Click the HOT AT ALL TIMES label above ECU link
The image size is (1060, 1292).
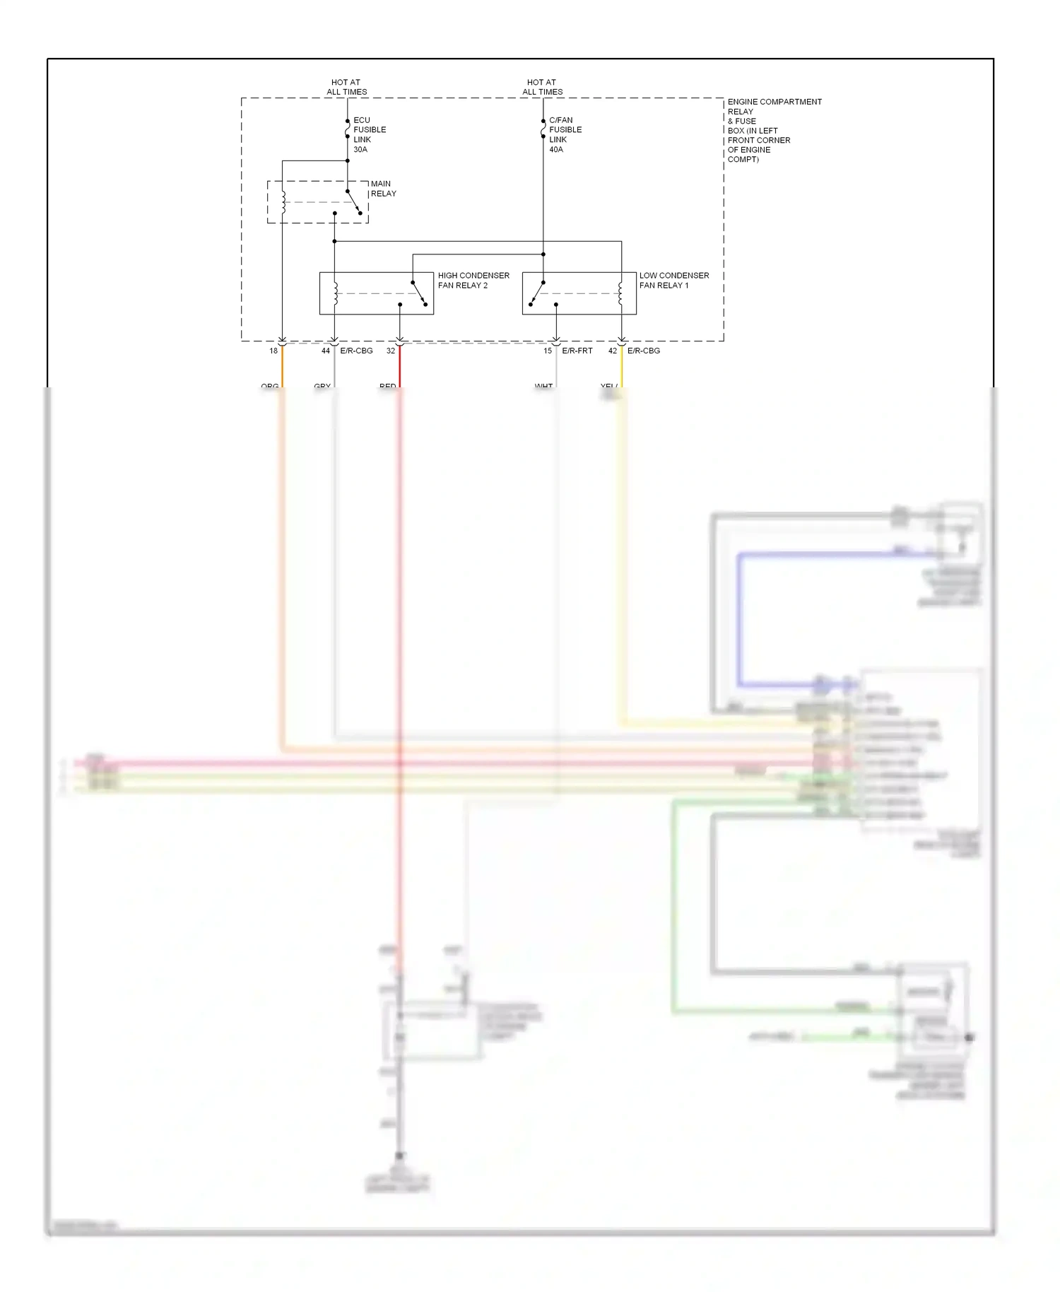346,87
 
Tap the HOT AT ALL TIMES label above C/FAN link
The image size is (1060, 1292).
542,87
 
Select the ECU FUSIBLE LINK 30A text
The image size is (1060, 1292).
369,135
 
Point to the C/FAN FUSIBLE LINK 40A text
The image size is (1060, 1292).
565,135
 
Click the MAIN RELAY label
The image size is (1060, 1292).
383,189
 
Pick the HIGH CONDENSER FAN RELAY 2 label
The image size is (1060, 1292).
473,281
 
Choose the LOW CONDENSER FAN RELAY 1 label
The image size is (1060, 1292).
673,281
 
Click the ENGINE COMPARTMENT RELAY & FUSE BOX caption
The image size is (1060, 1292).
774,131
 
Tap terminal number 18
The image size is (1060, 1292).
273,351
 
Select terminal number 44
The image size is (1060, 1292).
326,351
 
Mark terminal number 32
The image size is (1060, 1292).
391,351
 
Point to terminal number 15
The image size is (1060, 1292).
548,351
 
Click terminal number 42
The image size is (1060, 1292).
613,351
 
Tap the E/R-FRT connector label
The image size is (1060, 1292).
577,351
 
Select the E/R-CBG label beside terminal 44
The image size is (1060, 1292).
356,351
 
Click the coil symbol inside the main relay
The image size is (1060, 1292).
283,202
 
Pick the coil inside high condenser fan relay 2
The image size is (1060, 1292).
335,293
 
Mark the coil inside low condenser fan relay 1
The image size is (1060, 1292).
621,293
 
